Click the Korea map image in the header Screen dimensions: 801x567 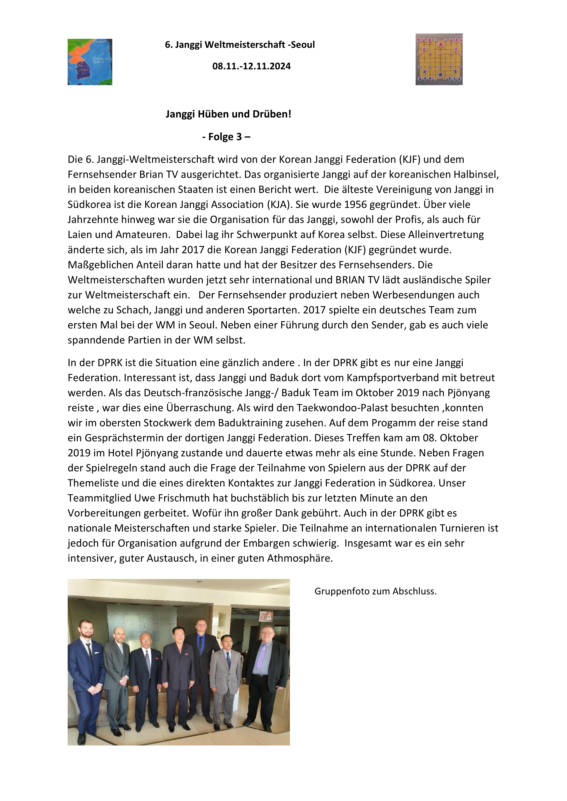[90, 62]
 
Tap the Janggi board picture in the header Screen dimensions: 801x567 [439, 59]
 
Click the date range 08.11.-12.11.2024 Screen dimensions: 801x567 [251, 66]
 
